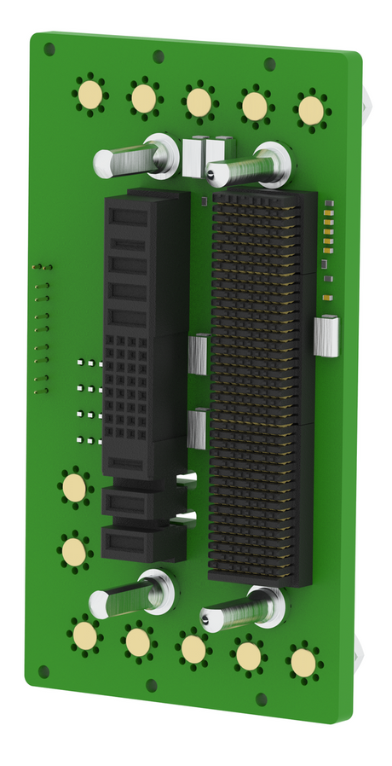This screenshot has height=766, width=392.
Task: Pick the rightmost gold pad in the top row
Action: [x=312, y=109]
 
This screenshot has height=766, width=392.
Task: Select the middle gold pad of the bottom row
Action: [x=193, y=649]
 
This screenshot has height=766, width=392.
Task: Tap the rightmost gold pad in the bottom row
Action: [x=303, y=662]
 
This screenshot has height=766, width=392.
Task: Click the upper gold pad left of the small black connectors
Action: [x=74, y=488]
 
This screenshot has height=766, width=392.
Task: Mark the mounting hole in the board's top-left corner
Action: [x=49, y=49]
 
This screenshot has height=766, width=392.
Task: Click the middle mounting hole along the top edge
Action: [x=159, y=57]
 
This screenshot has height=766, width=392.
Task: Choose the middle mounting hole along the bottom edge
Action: [x=151, y=685]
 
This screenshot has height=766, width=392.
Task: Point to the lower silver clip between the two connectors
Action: [x=197, y=428]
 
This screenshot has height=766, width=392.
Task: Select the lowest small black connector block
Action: [x=141, y=543]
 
